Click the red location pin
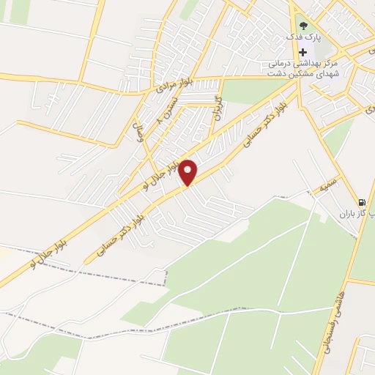coord(188,172)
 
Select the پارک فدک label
coord(302,37)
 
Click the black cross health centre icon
coord(302,52)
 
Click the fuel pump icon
coord(362,203)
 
